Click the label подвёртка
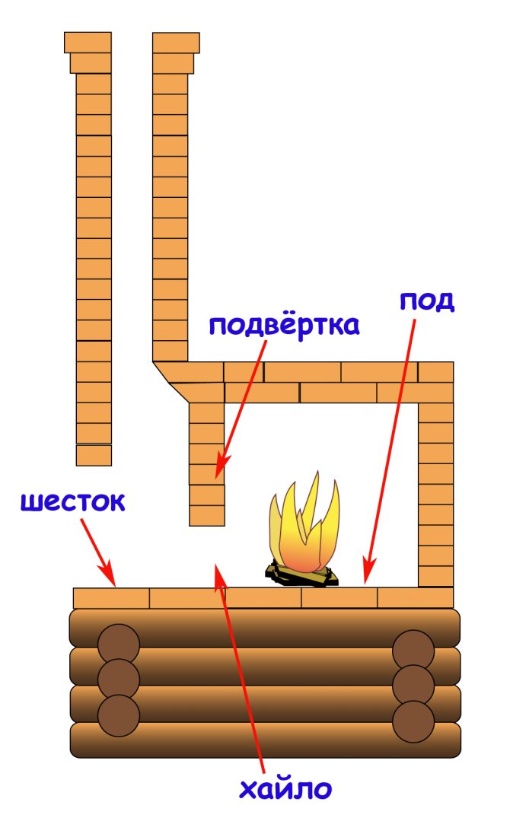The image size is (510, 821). coord(284,326)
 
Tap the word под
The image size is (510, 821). coord(427,301)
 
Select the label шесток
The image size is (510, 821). coord(73,502)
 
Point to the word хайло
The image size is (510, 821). coord(285,788)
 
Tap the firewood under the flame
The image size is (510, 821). coord(301,574)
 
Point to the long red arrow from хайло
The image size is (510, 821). coord(240,670)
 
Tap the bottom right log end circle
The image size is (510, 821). coord(413,720)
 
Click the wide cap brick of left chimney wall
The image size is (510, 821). coord(88,42)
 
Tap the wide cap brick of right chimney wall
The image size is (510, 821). coord(176,42)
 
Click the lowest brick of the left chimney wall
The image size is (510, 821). coord(94,454)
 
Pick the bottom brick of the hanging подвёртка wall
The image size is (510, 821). coord(207,515)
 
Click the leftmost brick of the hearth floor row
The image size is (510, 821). coord(111,597)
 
